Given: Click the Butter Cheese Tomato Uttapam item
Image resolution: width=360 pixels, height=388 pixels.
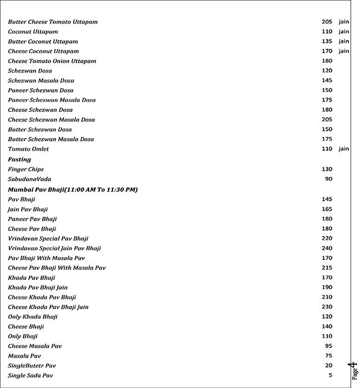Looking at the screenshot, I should (x=53, y=22).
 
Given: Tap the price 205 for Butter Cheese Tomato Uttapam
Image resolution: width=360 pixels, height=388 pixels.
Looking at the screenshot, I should (x=327, y=22).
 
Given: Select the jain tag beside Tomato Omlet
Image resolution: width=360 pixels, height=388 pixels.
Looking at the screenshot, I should (x=344, y=149).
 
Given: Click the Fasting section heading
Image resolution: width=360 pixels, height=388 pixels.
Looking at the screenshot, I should (x=19, y=160).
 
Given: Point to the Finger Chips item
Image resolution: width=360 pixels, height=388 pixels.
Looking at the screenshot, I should (x=25, y=170).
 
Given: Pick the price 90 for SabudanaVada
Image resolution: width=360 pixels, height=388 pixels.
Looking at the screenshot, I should (x=329, y=179).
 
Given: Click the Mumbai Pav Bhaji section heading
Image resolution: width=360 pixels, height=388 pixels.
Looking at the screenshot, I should (x=73, y=190).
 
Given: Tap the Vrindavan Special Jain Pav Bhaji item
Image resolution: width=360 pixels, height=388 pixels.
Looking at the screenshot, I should (x=54, y=248).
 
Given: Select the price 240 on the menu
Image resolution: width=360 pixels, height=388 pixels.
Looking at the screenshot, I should (x=327, y=248).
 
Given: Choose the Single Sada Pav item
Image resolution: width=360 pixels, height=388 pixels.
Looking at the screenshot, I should (x=30, y=376).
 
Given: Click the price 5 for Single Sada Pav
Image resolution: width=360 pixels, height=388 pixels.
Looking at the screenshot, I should (x=330, y=375).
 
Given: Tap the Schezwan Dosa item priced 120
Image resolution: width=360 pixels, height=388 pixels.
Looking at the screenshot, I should (x=30, y=71).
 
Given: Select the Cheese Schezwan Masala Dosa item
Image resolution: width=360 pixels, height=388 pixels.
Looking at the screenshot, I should (x=51, y=120).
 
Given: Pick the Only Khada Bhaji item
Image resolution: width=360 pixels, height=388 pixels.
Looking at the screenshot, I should (x=33, y=317).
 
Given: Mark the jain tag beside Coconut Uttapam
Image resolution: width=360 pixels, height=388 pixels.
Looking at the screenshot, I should (x=344, y=32).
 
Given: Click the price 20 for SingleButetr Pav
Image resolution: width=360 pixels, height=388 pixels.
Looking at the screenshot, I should (x=329, y=366).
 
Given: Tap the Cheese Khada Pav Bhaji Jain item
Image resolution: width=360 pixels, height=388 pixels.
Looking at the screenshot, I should (x=48, y=307).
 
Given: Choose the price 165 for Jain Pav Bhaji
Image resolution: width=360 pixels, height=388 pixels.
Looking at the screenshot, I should (x=327, y=210).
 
